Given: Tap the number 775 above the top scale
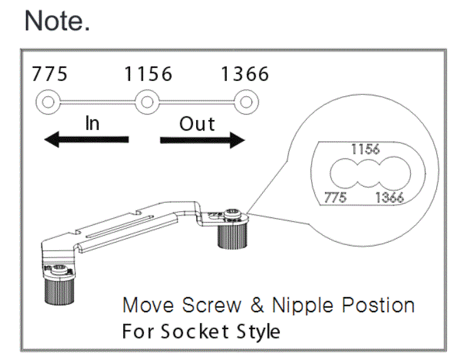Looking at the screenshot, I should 50,75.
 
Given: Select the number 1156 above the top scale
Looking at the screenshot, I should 148,75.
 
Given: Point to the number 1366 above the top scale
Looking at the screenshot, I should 244,75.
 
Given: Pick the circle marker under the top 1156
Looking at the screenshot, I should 146,101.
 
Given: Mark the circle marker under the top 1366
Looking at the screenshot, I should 245,101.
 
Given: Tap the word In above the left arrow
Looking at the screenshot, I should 92,123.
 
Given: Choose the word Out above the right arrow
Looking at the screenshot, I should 197,123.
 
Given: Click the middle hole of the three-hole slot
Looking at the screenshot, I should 366,173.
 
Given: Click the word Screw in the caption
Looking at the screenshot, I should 212,305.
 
